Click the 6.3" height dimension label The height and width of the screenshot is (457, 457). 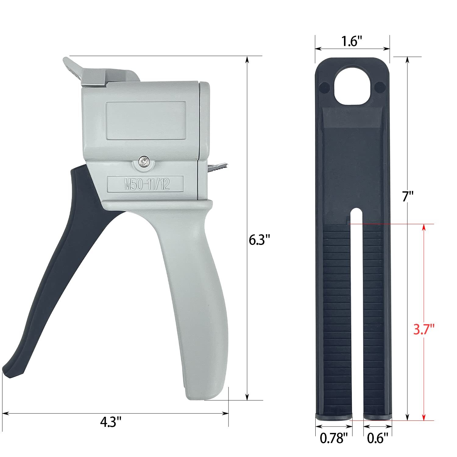260,240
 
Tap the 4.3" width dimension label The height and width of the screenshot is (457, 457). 111,422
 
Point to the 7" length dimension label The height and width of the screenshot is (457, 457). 408,197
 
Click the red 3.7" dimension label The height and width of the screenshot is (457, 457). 423,329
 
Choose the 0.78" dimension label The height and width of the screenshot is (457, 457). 334,438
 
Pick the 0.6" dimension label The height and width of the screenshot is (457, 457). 378,438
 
